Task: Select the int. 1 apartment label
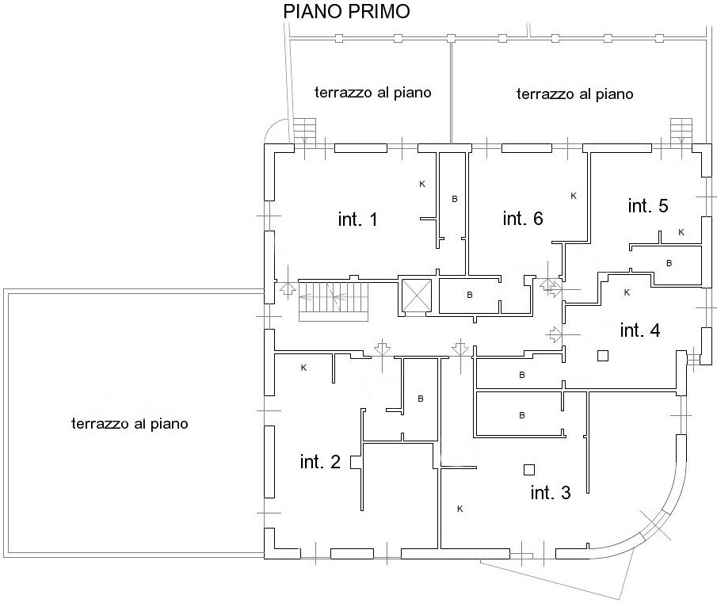click(357, 219)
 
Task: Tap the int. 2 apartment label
click(320, 462)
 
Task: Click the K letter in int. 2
click(303, 368)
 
